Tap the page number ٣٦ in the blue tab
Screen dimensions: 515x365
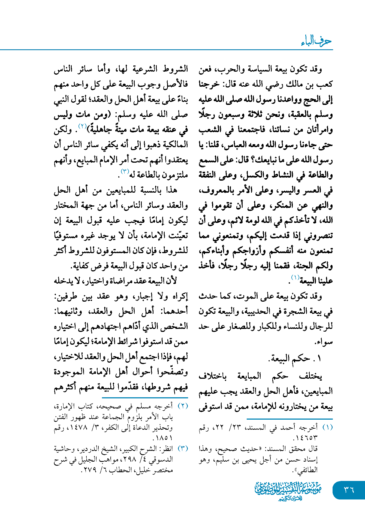pos(349,490)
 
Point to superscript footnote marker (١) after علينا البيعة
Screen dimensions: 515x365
pos(295,278)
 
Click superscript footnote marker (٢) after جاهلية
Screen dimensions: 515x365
pos(82,126)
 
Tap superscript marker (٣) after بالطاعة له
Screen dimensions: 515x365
pos(125,171)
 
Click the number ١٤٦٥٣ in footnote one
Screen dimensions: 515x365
pos(305,438)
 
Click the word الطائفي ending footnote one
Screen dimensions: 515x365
pos(307,470)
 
